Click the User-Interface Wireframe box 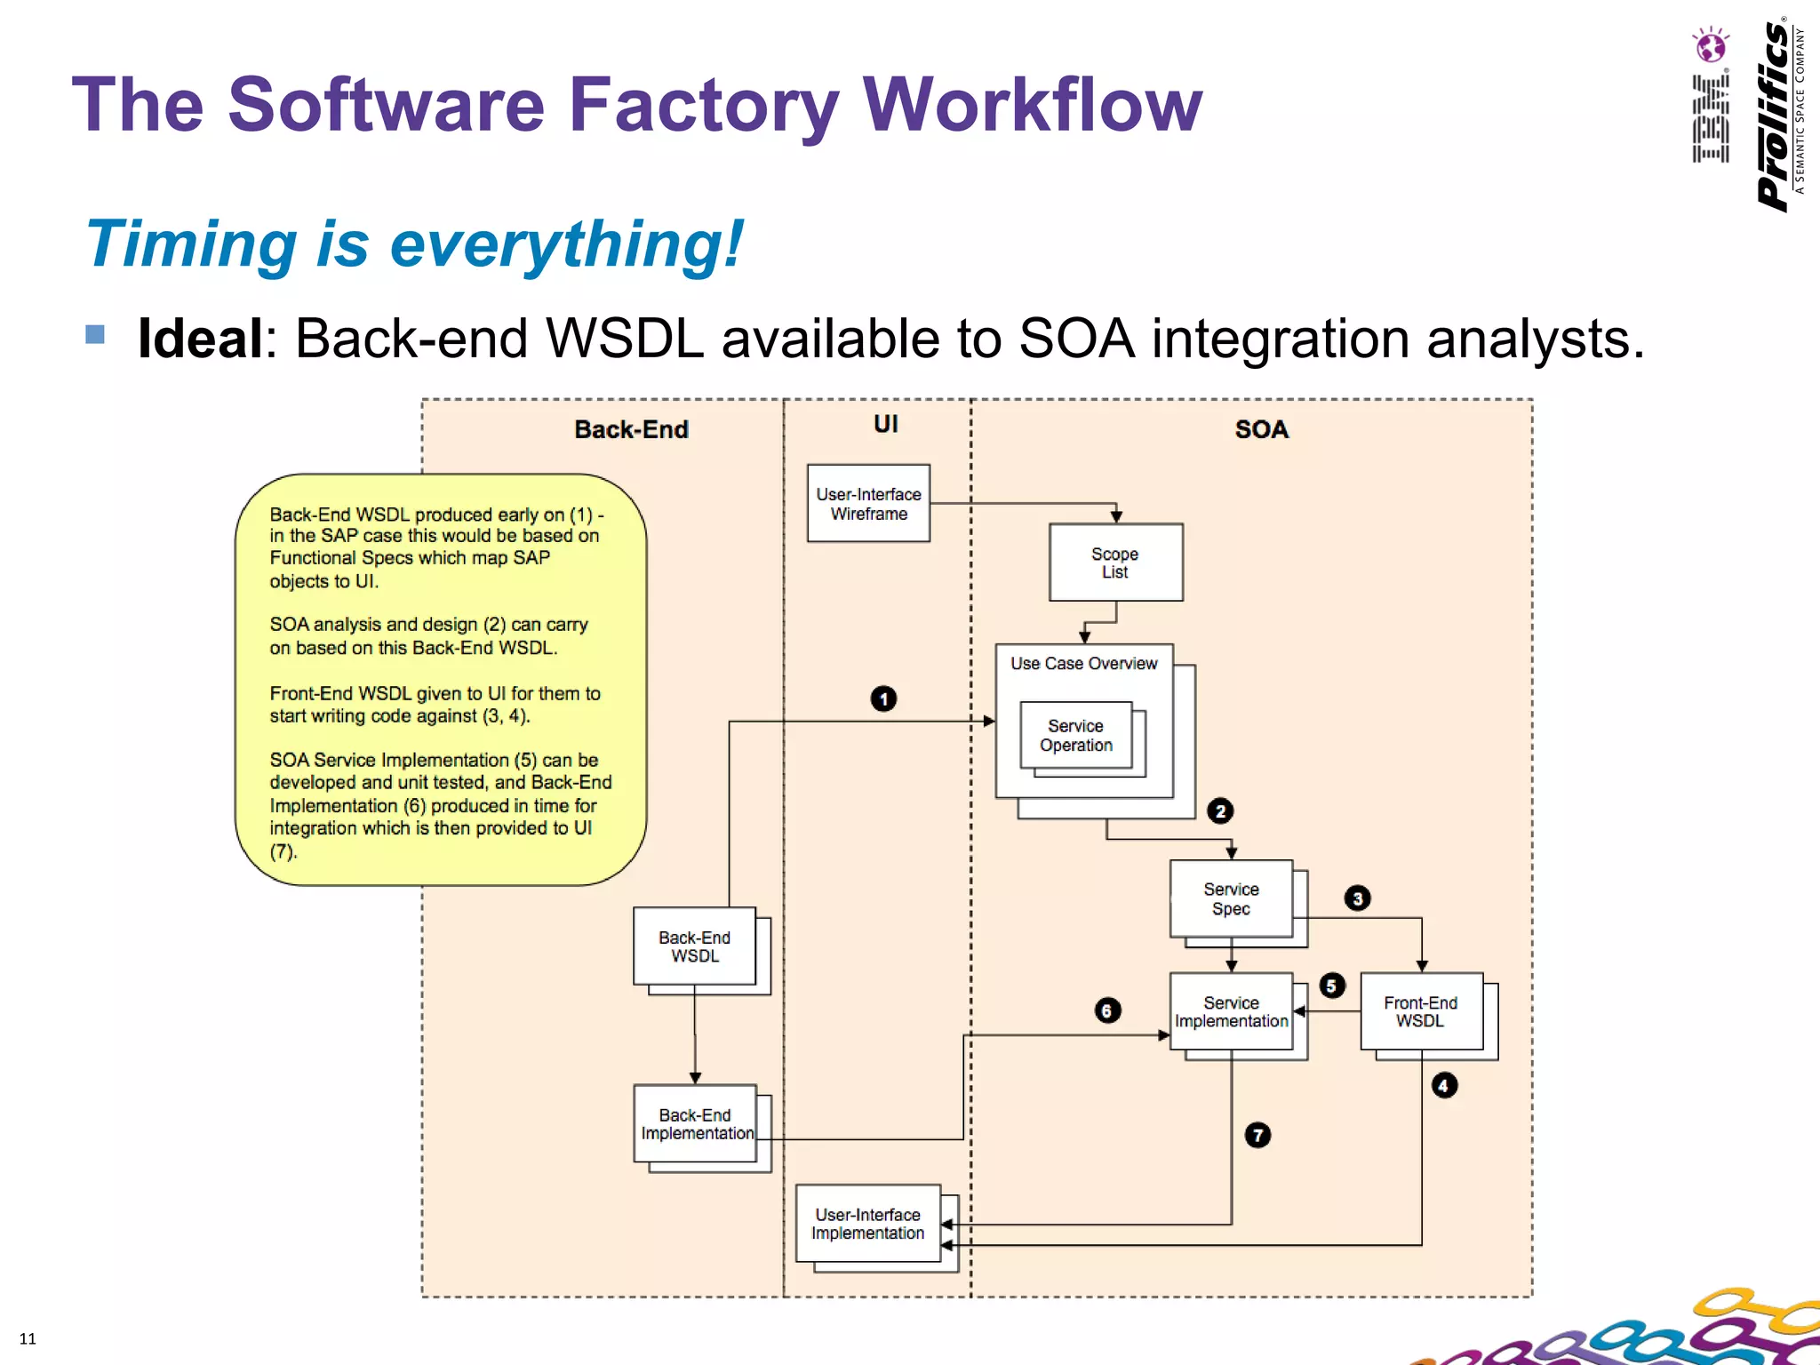pos(868,503)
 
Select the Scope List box pos(1115,563)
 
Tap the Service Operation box pos(1075,735)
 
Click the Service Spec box pos(1231,898)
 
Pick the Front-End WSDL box pos(1420,1011)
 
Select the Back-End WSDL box pos(694,946)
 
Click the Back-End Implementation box pos(695,1123)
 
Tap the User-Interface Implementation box pos(867,1223)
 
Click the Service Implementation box pos(1231,1011)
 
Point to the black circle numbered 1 pos(883,698)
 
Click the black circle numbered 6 pos(1107,1010)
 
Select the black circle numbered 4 pos(1444,1085)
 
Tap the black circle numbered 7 pos(1257,1135)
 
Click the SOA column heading pos(1261,429)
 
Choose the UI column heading pos(885,424)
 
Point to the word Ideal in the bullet pos(200,339)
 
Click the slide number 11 pos(28,1338)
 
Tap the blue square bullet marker pos(95,334)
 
